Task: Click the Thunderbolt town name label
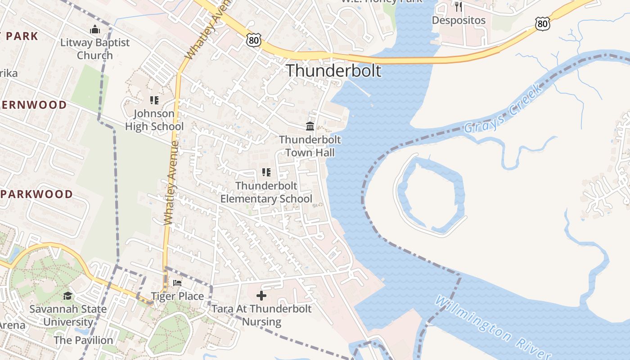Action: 333,71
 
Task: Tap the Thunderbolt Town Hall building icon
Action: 310,126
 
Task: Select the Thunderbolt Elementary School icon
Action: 266,172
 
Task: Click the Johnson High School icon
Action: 154,100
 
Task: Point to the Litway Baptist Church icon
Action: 95,30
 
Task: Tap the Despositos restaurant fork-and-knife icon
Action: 459,7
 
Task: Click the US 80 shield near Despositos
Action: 543,23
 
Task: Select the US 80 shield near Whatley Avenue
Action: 254,40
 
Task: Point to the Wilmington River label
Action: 493,327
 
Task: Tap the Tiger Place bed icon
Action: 177,283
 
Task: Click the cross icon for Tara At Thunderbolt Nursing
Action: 261,296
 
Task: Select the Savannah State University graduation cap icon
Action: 67,296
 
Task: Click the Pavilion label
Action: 83,340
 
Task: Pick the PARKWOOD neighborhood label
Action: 36,194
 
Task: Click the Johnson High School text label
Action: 154,120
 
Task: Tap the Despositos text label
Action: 459,20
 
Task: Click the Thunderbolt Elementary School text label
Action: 266,192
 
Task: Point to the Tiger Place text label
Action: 177,296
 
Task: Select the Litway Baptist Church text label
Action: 95,49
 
